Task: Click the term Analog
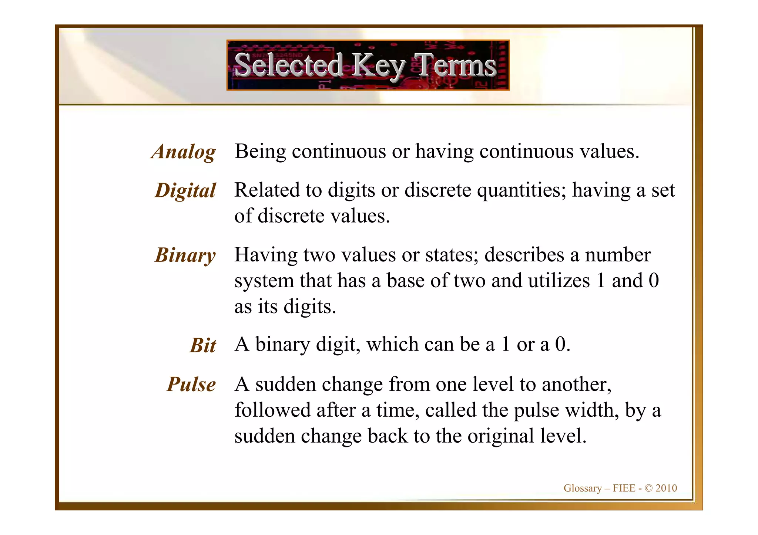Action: coord(184,152)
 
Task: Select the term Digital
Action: coord(185,191)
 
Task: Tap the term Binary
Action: coord(185,255)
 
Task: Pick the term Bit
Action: coord(203,345)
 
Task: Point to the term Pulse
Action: coord(191,384)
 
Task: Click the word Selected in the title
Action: coord(289,65)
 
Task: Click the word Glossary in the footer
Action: coord(583,488)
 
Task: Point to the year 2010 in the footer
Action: coord(666,488)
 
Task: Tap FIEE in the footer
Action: coord(624,488)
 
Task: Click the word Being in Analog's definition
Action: coord(261,152)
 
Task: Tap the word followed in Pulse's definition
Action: coord(272,410)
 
